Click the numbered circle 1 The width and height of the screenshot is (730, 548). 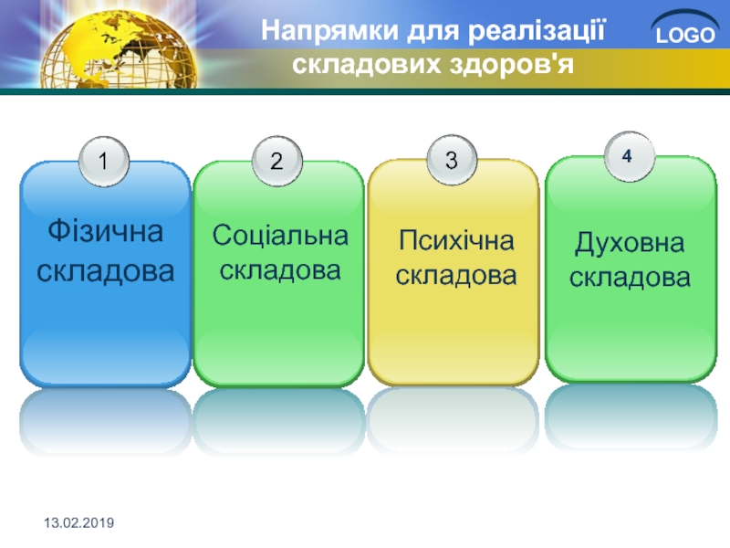click(x=103, y=162)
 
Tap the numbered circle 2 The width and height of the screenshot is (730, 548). click(x=277, y=161)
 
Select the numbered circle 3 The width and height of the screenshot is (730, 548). click(x=452, y=160)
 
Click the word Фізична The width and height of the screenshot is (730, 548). click(x=106, y=231)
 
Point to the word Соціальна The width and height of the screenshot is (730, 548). click(x=280, y=236)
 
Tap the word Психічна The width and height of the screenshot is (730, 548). click(x=456, y=241)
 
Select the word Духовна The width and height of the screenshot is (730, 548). click(x=630, y=243)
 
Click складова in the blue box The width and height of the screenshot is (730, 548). click(x=106, y=270)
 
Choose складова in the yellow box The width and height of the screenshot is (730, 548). click(x=456, y=276)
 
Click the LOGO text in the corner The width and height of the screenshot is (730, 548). click(x=685, y=35)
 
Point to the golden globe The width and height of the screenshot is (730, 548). click(x=119, y=50)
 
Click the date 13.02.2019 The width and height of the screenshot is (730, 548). click(x=79, y=522)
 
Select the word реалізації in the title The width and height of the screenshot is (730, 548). click(x=537, y=31)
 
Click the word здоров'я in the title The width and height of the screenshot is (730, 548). click(x=511, y=64)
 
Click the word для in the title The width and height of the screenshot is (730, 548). click(x=433, y=32)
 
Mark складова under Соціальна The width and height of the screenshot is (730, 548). click(x=280, y=270)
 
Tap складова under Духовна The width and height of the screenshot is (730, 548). click(x=630, y=278)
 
